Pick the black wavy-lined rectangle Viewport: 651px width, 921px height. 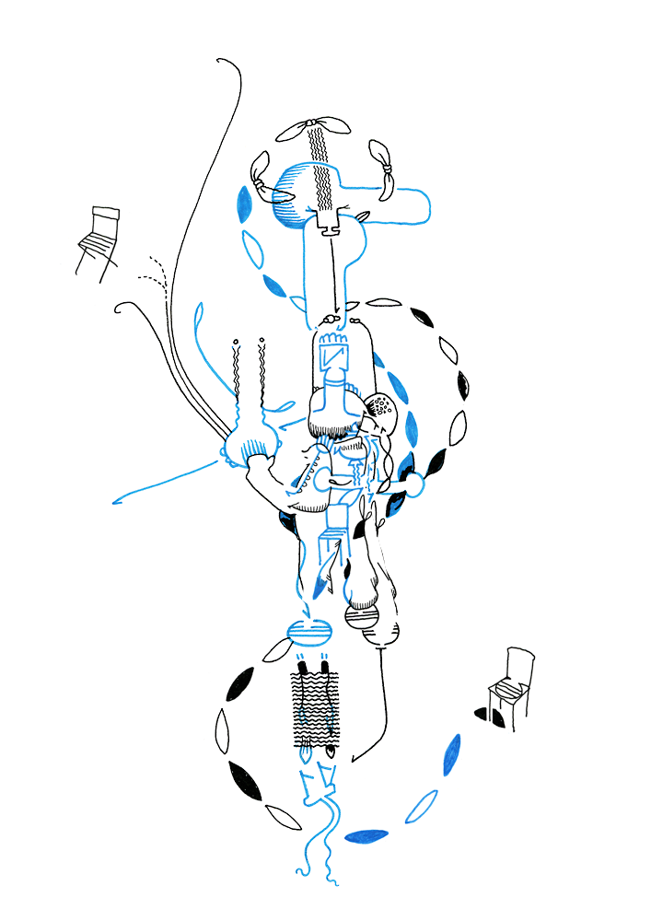pyautogui.click(x=316, y=705)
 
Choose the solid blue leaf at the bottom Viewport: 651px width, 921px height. pyautogui.click(x=366, y=836)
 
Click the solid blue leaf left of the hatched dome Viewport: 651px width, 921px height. pyautogui.click(x=245, y=204)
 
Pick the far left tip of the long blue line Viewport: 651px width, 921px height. pyautogui.click(x=113, y=503)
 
